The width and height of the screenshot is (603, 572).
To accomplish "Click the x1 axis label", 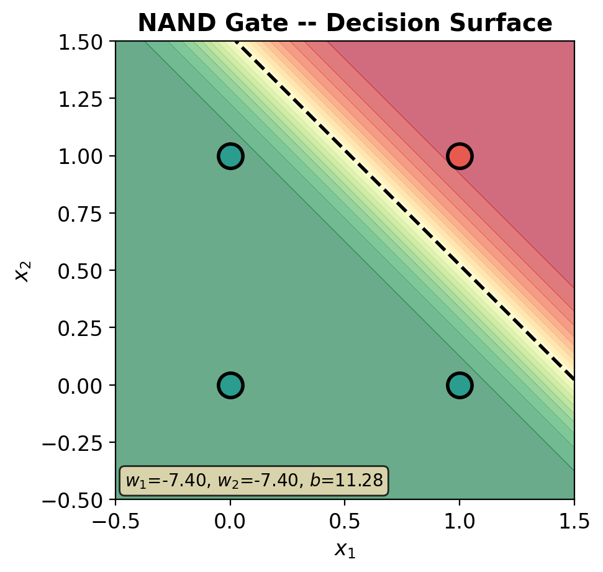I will (345, 550).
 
